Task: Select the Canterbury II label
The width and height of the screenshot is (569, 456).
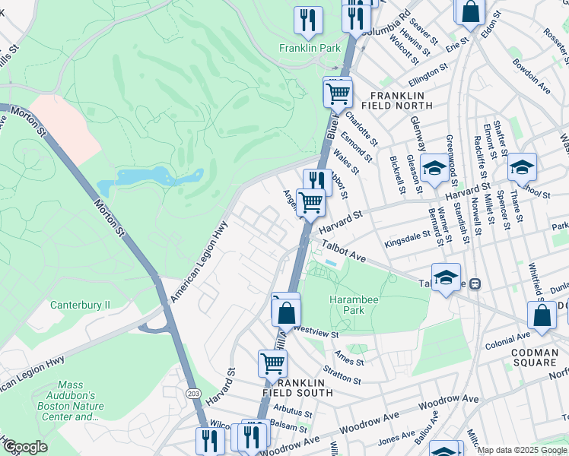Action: tap(80, 305)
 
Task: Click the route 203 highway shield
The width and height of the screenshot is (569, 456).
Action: tap(194, 391)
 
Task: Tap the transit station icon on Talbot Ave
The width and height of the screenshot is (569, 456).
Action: tap(475, 283)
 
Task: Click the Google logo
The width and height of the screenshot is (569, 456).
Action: tap(25, 447)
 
